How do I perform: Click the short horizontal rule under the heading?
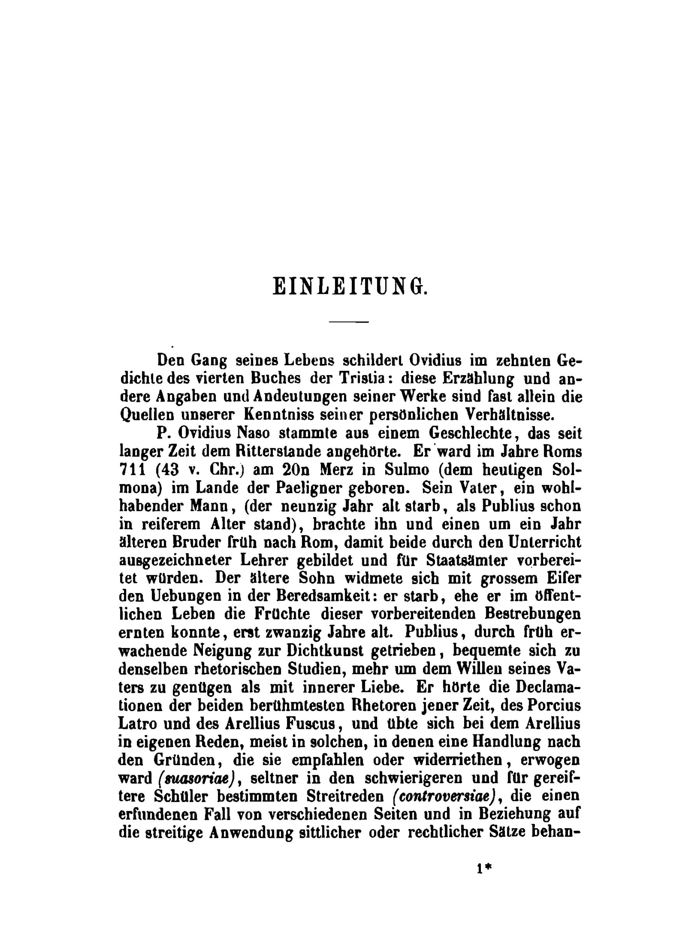coord(349,321)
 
